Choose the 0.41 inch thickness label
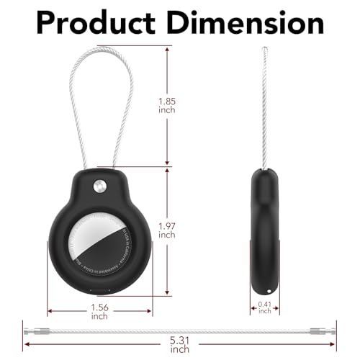click(265, 307)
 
